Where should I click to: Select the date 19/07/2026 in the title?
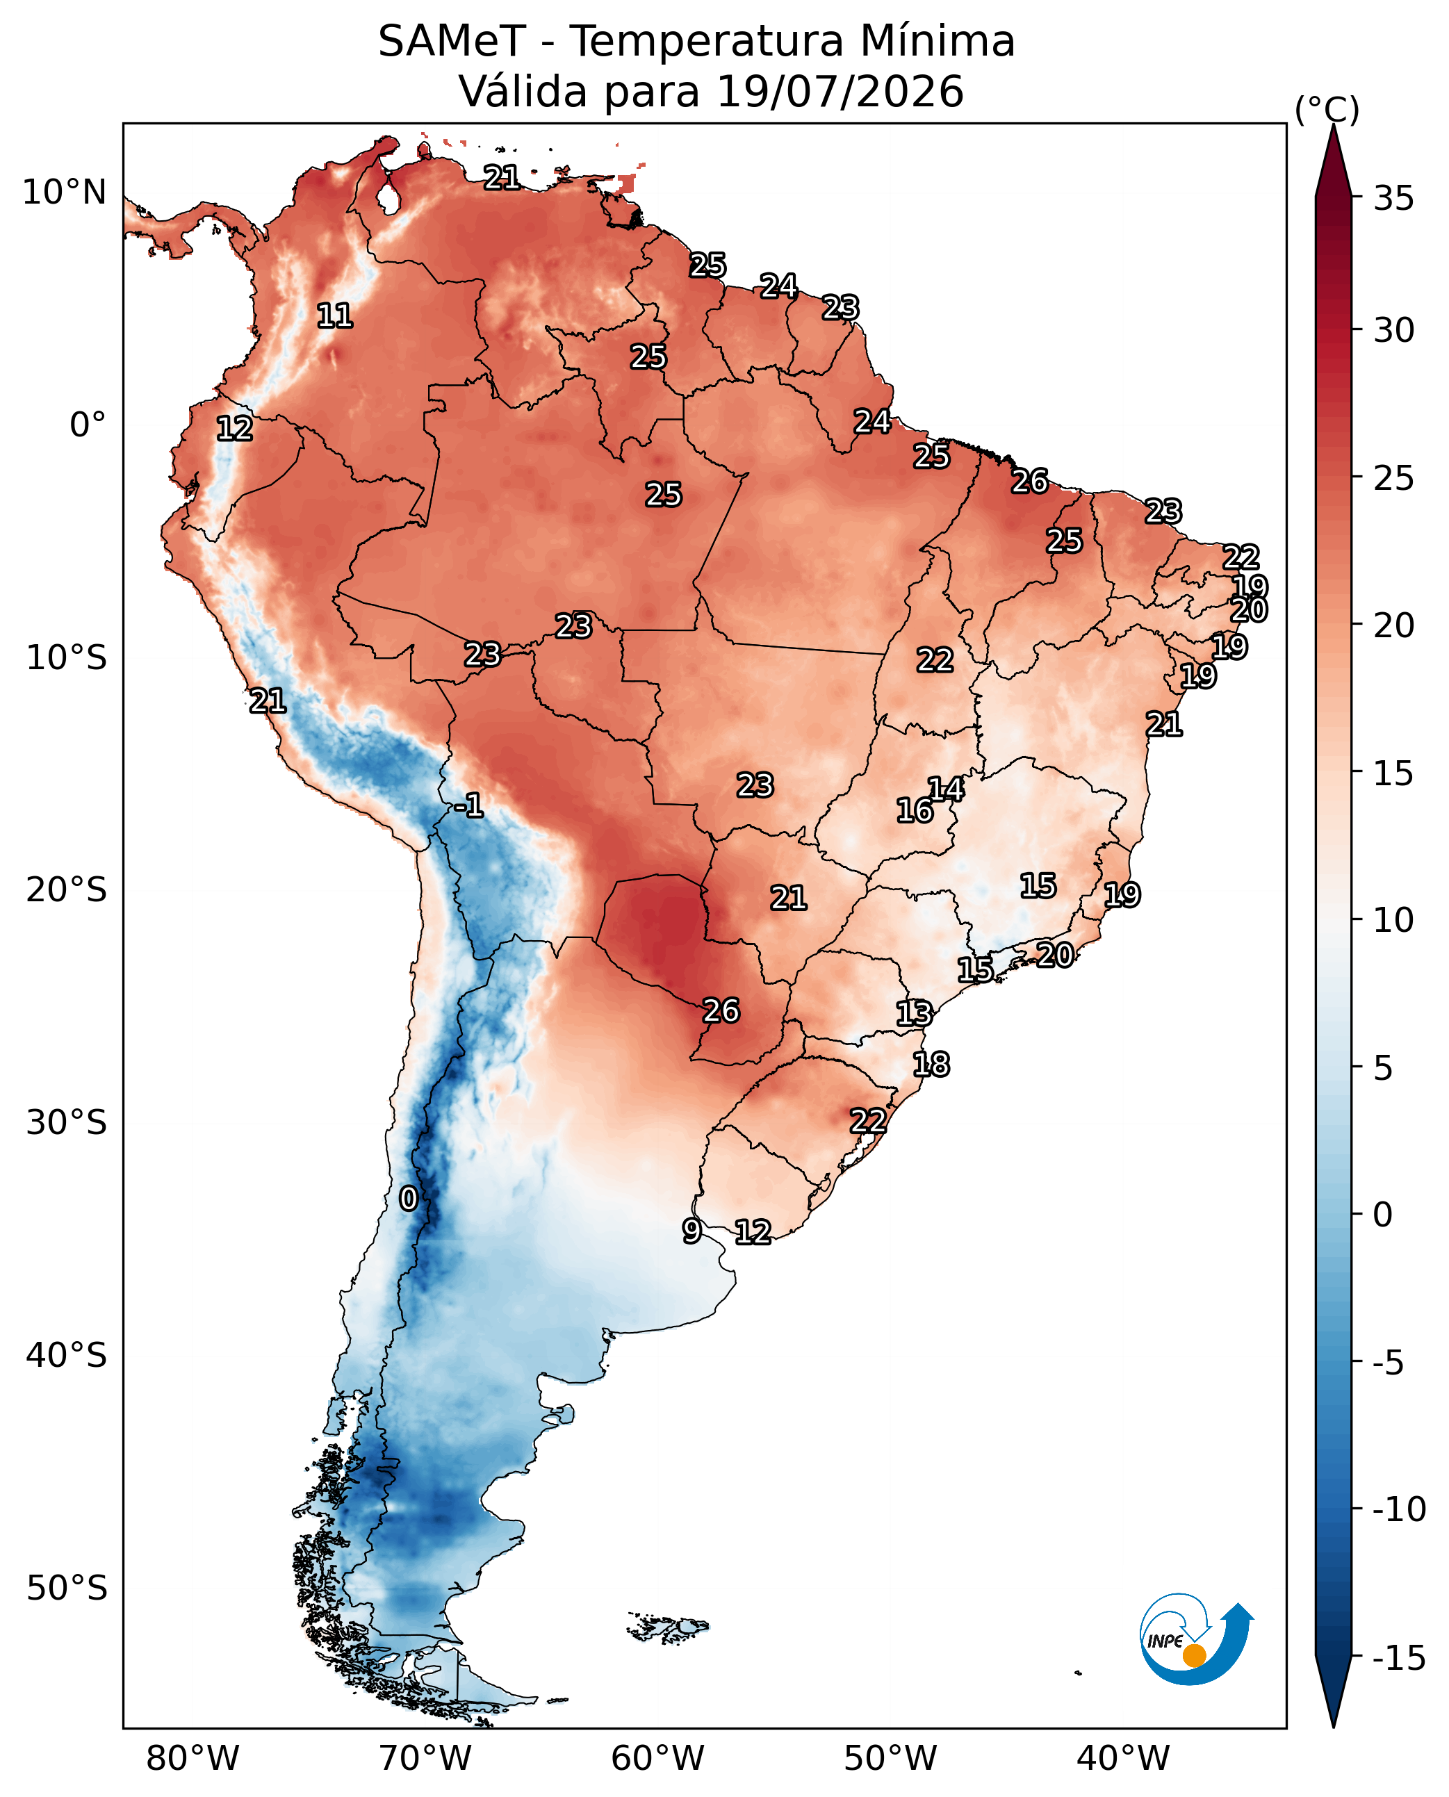[840, 91]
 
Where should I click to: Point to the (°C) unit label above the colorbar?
[1327, 109]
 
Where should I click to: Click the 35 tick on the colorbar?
[1394, 199]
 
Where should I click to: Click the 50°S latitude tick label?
[67, 1588]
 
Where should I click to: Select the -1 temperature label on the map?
[469, 805]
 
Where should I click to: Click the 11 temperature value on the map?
[335, 315]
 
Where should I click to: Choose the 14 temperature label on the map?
[946, 789]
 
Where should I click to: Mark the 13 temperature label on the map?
[914, 1013]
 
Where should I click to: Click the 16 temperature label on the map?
[915, 810]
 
